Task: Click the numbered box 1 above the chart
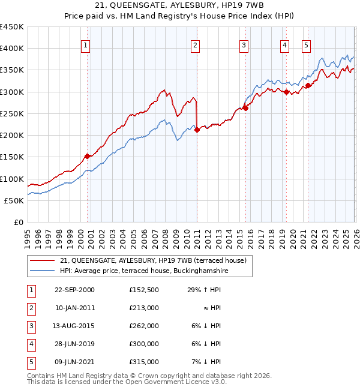[x=86, y=44]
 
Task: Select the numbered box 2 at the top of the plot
[x=196, y=44]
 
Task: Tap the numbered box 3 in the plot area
[x=244, y=44]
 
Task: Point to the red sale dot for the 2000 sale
[x=88, y=156]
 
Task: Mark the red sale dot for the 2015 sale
[x=245, y=109]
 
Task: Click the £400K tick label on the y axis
[x=12, y=49]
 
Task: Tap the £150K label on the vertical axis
[x=12, y=157]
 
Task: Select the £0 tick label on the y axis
[x=19, y=223]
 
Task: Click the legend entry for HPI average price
[x=144, y=271]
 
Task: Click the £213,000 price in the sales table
[x=143, y=307]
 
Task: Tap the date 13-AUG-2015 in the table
[x=74, y=326]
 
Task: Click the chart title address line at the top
[x=180, y=7]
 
